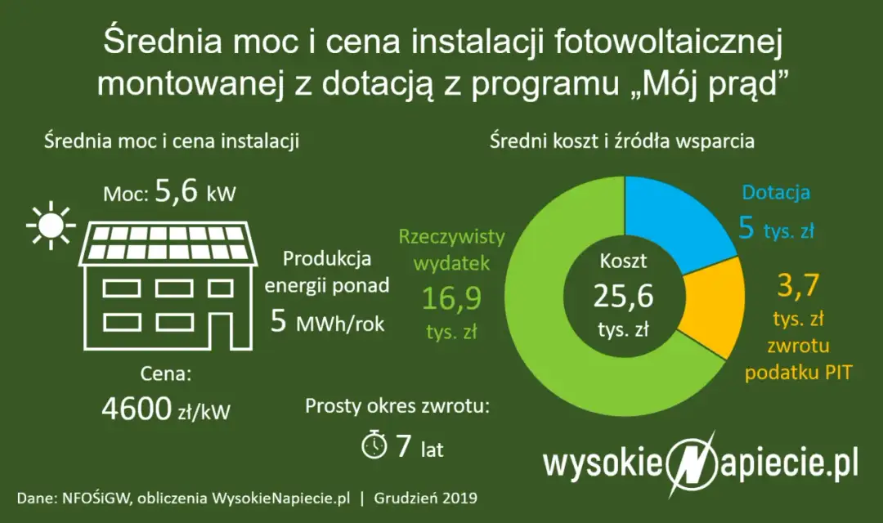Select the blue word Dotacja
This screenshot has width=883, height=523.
pos(775,194)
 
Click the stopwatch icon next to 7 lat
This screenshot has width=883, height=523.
pos(374,445)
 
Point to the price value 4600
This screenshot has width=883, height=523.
pos(136,409)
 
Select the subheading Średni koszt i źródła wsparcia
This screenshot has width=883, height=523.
pos(621,141)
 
